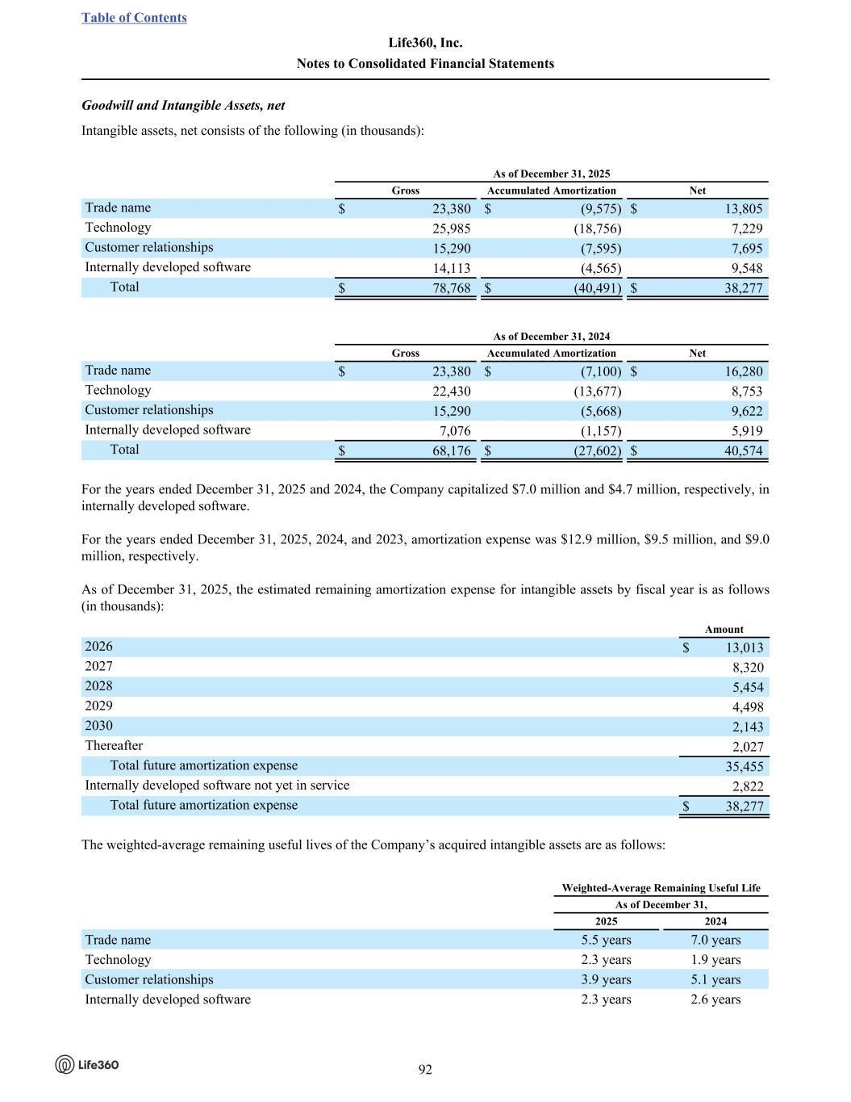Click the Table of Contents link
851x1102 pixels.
[134, 18]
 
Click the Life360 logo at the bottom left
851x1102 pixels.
[87, 1064]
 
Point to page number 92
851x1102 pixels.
[425, 1070]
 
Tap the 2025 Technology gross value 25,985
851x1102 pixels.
[451, 229]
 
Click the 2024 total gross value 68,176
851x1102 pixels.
[451, 450]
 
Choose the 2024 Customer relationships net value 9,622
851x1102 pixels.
[745, 411]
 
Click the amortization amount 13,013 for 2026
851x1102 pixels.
[744, 647]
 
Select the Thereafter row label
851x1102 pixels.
[114, 746]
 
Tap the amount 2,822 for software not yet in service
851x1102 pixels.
[747, 786]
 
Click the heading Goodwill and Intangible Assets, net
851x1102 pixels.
[183, 106]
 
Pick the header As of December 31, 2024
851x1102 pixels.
[552, 337]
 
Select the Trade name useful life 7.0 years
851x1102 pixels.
[715, 940]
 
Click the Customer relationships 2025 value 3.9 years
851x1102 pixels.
[606, 979]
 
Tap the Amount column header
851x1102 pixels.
[724, 630]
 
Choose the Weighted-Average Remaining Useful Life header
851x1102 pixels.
[661, 888]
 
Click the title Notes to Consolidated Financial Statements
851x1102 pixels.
[425, 64]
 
